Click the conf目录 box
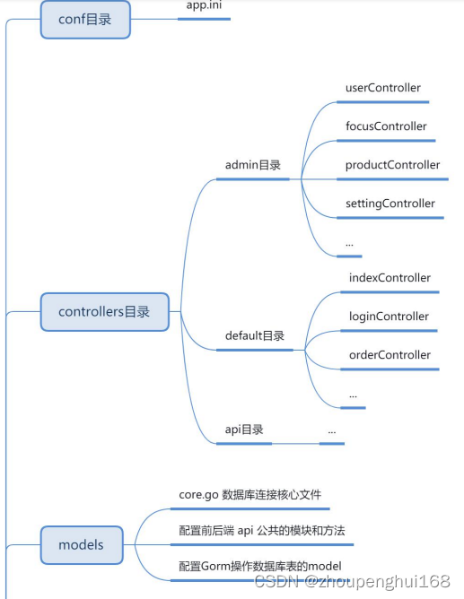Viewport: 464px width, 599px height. click(85, 19)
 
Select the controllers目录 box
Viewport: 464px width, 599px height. click(104, 312)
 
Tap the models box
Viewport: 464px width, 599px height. click(81, 544)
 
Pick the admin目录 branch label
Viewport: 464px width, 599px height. click(252, 165)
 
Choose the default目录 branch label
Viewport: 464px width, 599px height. click(254, 335)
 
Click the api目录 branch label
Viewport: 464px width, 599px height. click(244, 430)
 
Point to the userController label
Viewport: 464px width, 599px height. click(382, 88)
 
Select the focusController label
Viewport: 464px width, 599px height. click(386, 126)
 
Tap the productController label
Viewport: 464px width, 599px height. click(392, 165)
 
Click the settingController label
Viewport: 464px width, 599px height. click(390, 204)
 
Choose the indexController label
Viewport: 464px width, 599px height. click(390, 278)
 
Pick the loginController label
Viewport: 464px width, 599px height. click(389, 317)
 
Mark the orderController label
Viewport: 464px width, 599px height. click(390, 355)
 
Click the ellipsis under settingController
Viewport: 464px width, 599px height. click(349, 243)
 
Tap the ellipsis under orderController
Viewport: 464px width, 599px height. click(353, 394)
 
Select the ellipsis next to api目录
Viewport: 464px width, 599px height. click(331, 431)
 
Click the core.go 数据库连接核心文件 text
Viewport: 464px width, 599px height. click(250, 495)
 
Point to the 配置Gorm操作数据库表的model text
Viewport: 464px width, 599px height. click(260, 565)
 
